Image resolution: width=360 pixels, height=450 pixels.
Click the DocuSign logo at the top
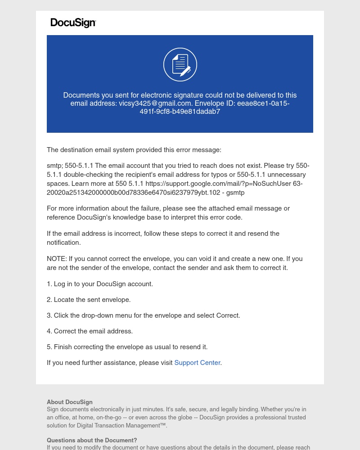pos(73,23)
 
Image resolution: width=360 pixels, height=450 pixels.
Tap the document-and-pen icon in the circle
pos(180,65)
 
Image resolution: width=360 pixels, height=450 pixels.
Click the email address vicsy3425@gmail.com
pos(155,103)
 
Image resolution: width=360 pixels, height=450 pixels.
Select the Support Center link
pos(197,363)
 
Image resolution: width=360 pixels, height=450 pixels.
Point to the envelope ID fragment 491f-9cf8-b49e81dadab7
pos(180,112)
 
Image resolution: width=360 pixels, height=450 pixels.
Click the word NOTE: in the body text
pos(57,259)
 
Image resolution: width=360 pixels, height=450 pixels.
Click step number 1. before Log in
pos(49,284)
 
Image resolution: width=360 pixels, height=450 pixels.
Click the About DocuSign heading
pos(70,402)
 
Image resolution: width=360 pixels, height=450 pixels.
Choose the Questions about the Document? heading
pos(92,441)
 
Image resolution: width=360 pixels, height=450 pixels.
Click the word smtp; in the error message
pos(54,166)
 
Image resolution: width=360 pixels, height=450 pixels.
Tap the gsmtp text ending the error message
pos(236,193)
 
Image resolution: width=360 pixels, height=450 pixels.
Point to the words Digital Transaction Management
pos(117,426)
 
